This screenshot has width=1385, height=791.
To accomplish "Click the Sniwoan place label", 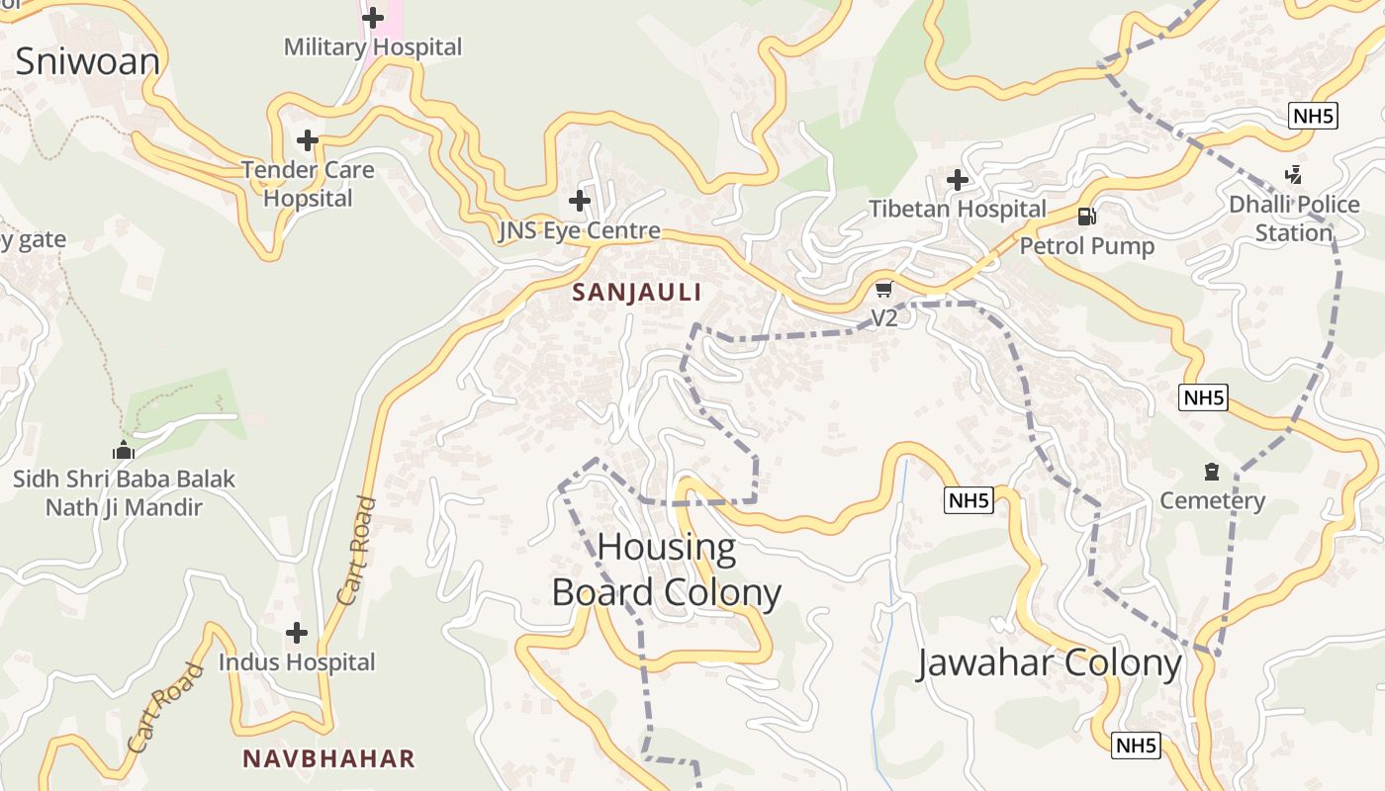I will pyautogui.click(x=87, y=61).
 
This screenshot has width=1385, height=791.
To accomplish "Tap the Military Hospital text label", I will pyautogui.click(x=373, y=46).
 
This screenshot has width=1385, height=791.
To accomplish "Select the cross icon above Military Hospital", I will pyautogui.click(x=373, y=18).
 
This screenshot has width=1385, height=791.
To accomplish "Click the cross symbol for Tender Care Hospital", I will pyautogui.click(x=308, y=140).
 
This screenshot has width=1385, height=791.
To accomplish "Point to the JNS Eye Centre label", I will pyautogui.click(x=579, y=231).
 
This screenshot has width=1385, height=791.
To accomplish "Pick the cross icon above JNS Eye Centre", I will pyautogui.click(x=579, y=202).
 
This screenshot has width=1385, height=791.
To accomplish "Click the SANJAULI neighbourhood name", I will pyautogui.click(x=637, y=292).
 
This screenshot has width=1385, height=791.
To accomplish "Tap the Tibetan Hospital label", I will pyautogui.click(x=957, y=209).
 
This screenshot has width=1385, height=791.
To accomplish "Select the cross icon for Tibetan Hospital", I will pyautogui.click(x=957, y=180).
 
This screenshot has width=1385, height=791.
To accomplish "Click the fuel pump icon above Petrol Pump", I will pyautogui.click(x=1086, y=217).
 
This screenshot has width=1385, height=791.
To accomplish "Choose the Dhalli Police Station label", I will pyautogui.click(x=1294, y=219).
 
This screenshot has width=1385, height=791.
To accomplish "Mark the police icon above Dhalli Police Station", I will pyautogui.click(x=1293, y=176).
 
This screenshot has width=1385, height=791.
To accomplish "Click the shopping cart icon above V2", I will pyautogui.click(x=883, y=289).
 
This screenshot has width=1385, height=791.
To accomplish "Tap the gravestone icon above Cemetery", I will pyautogui.click(x=1212, y=472).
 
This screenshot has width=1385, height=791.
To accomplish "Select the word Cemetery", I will pyautogui.click(x=1212, y=500).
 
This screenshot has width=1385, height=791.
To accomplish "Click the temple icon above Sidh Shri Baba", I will pyautogui.click(x=123, y=450).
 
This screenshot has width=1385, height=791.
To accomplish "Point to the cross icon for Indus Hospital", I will pyautogui.click(x=296, y=633).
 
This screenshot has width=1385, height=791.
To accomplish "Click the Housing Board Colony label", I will pyautogui.click(x=667, y=570).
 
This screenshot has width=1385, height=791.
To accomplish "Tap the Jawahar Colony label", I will pyautogui.click(x=1050, y=662).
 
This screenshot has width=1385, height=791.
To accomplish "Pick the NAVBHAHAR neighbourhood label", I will pyautogui.click(x=328, y=758).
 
